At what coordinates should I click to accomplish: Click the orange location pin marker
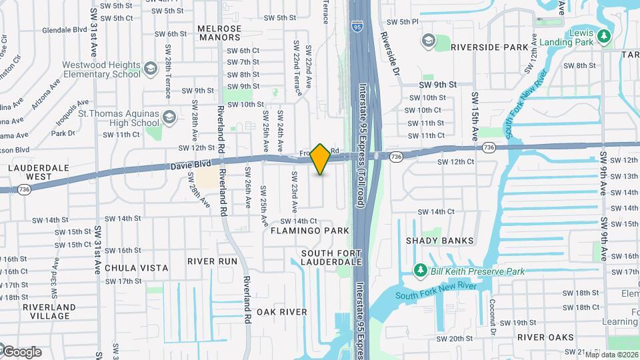point(321,159)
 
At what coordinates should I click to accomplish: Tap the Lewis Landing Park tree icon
point(605,35)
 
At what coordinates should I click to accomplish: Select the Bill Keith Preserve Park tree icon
point(420,271)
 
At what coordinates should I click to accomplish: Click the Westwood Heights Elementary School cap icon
point(151,69)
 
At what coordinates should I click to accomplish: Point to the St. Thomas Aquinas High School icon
point(169,118)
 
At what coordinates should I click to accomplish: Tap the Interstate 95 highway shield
point(357,27)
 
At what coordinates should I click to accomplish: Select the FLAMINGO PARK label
point(310,231)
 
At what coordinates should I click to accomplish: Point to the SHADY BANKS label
point(439,241)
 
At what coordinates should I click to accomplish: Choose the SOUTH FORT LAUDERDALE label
point(331,258)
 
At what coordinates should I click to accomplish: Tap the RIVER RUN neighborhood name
point(212,261)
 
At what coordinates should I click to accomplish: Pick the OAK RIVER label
point(281,312)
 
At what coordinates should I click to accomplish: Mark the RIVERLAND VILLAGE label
point(48,312)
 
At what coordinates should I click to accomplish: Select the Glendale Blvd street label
point(65,30)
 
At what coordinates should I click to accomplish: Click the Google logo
point(21,352)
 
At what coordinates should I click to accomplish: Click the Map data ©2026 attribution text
point(611,354)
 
